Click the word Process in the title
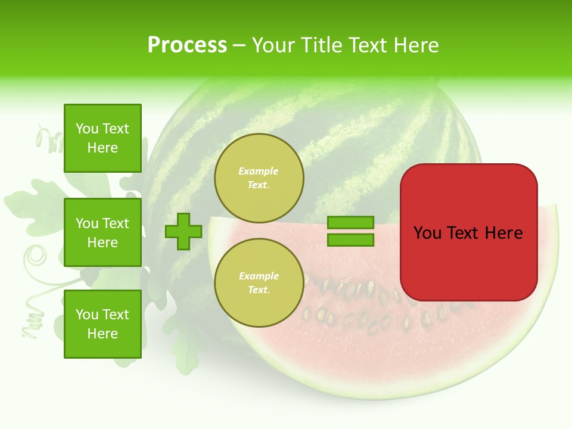point(187,45)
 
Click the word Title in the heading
point(320,45)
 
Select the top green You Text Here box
point(102,138)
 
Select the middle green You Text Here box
point(102,232)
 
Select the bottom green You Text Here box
point(102,324)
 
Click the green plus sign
point(184,231)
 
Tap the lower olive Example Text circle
point(259,282)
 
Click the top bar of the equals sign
point(350,222)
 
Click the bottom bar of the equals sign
point(350,240)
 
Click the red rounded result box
point(468,262)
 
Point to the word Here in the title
point(416,45)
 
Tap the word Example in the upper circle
point(259,172)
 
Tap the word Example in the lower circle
point(259,276)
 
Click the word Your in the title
point(274,45)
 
